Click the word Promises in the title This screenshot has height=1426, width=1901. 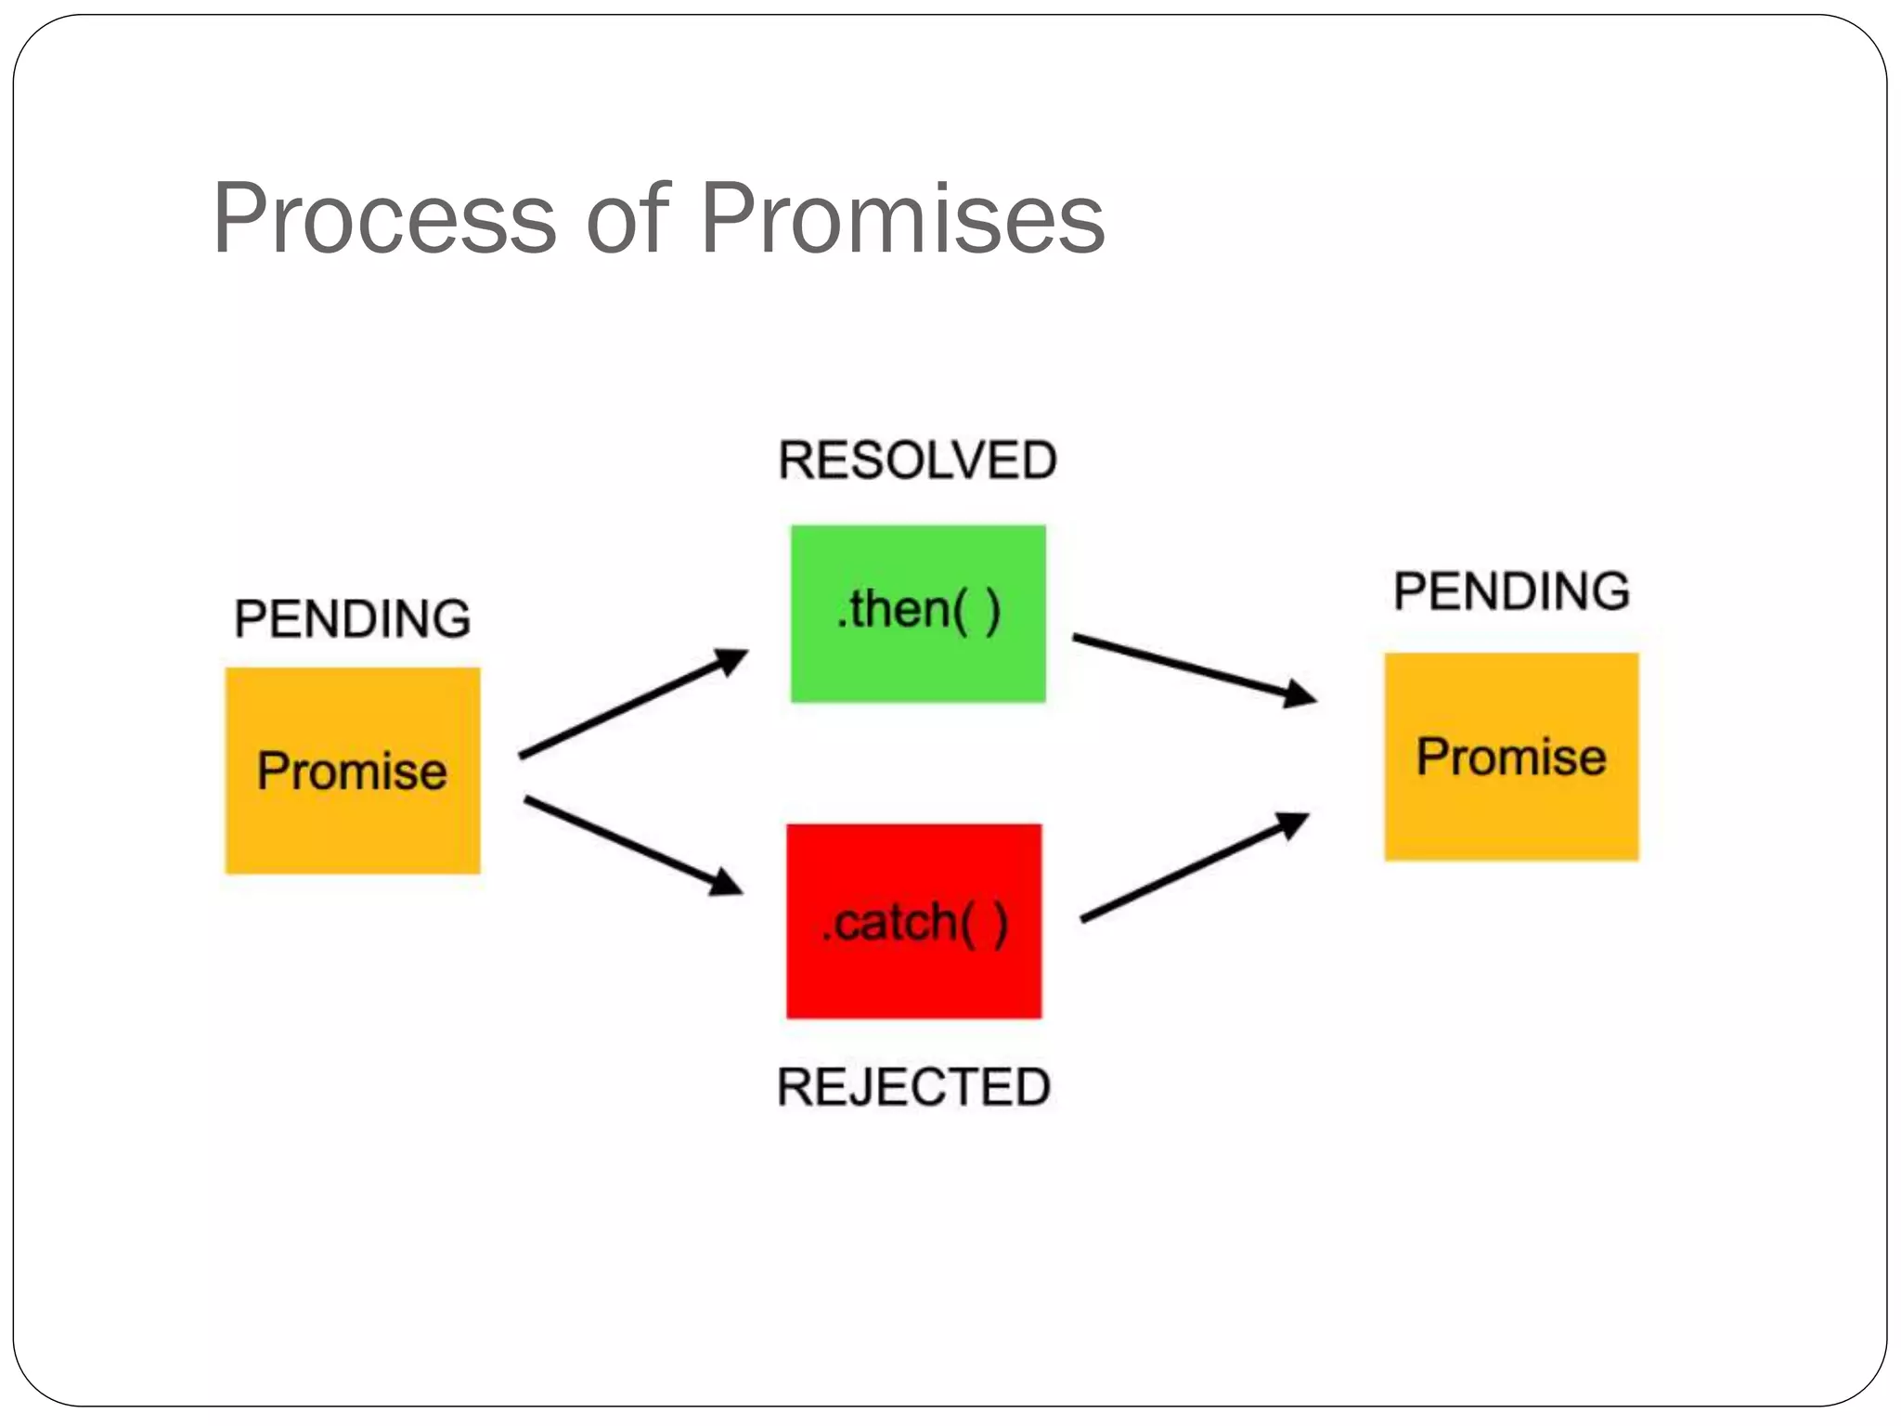[x=902, y=219]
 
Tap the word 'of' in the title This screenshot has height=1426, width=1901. [x=627, y=219]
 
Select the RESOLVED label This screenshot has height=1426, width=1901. [x=917, y=460]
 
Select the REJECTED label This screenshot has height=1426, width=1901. [x=913, y=1087]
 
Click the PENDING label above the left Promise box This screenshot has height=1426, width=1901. [x=353, y=619]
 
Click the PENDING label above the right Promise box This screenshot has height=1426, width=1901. [x=1511, y=591]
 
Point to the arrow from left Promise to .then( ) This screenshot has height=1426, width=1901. [x=631, y=705]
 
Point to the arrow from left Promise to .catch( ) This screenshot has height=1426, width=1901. [x=631, y=845]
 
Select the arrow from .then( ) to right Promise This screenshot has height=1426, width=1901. [x=1193, y=666]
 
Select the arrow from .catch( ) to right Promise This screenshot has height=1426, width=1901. [x=1193, y=867]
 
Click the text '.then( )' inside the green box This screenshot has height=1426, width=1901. [x=918, y=611]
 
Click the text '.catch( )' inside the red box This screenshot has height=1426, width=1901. [x=914, y=923]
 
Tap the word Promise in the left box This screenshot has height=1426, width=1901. [x=353, y=771]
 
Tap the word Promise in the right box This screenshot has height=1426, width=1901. [x=1511, y=757]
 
